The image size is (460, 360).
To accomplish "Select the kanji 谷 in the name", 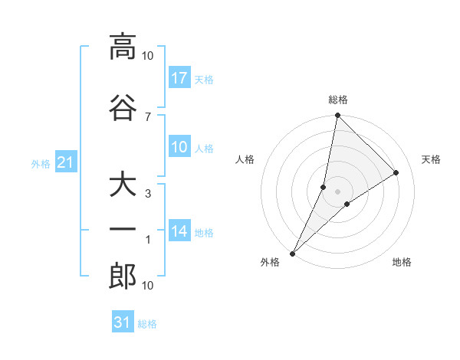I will click(x=123, y=108).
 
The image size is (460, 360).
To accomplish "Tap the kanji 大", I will click(x=123, y=185).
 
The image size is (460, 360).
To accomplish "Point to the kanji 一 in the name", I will click(x=123, y=231).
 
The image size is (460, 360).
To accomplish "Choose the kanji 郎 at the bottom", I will click(x=123, y=277).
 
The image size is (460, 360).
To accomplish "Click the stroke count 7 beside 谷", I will click(x=147, y=116).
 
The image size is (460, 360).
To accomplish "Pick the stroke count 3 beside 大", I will click(x=147, y=194).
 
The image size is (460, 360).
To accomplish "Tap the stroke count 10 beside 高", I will click(x=148, y=55).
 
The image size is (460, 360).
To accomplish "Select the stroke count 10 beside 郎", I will click(x=148, y=286).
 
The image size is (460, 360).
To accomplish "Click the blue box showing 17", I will click(x=179, y=78).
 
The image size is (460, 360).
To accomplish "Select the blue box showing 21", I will click(x=66, y=162).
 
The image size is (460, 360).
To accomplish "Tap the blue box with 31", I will click(x=123, y=322).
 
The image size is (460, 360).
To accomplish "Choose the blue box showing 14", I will click(x=179, y=231).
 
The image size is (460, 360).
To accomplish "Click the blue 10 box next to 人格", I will click(x=179, y=147).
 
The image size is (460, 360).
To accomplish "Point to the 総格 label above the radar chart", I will click(x=338, y=100).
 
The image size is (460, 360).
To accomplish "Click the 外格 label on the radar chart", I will click(x=270, y=262).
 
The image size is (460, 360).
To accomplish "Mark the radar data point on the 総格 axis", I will click(x=337, y=116).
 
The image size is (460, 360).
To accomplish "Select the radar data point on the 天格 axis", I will click(x=396, y=173).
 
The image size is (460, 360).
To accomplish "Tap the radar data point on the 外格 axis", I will click(x=292, y=253).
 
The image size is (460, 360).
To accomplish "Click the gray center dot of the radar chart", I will click(x=337, y=191).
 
